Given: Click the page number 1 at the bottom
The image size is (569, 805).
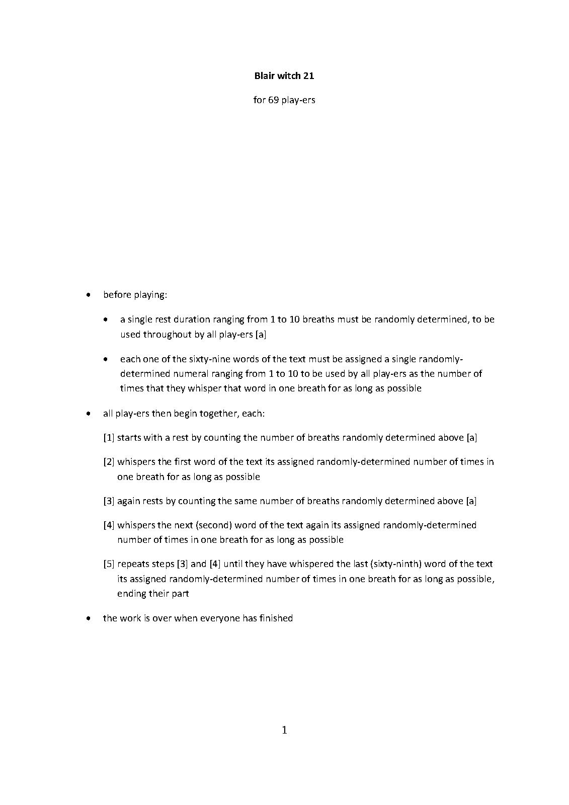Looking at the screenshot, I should click(x=284, y=730).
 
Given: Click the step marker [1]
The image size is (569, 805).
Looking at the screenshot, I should click(x=109, y=438).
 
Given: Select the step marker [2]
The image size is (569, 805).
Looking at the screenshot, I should click(x=109, y=462).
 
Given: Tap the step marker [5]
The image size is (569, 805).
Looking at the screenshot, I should click(x=109, y=564).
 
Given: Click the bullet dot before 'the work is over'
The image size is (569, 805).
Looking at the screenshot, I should click(x=89, y=618).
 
